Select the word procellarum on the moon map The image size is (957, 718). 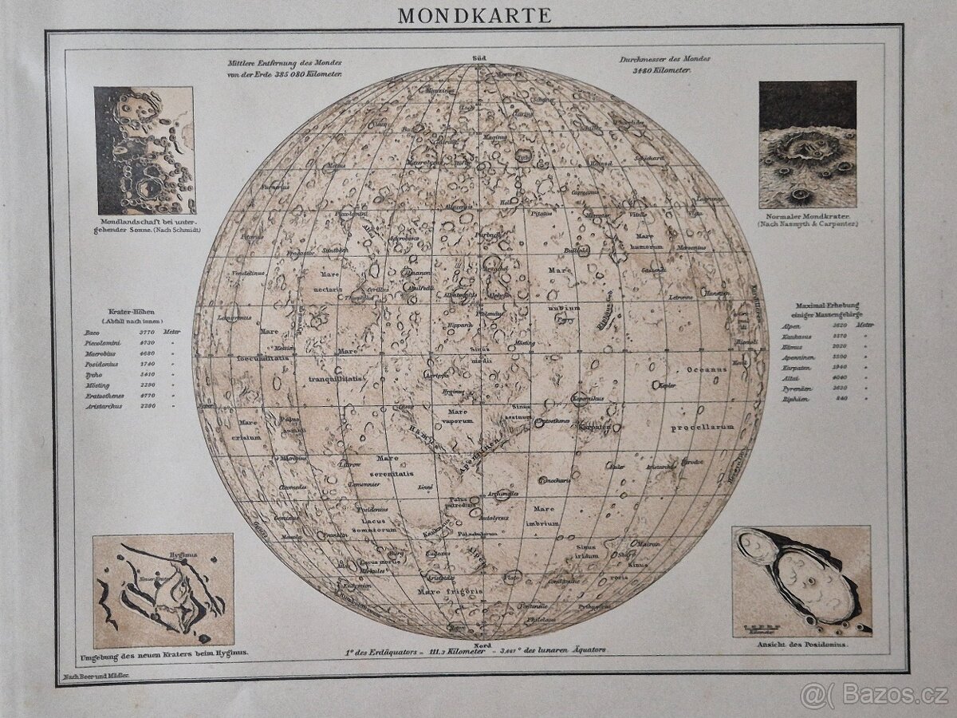pyautogui.click(x=701, y=427)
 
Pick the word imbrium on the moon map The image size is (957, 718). pyautogui.click(x=544, y=524)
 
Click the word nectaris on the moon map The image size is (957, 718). pyautogui.click(x=327, y=290)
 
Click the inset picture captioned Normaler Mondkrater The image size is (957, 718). pyautogui.click(x=807, y=144)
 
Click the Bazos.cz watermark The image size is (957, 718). pyautogui.click(x=877, y=695)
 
